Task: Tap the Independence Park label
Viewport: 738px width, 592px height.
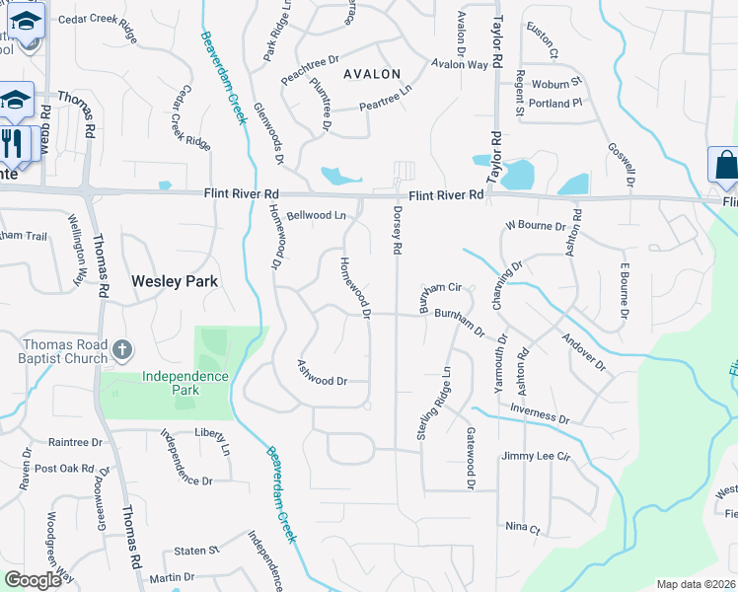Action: click(x=184, y=383)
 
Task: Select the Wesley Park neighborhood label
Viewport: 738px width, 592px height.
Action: click(x=174, y=281)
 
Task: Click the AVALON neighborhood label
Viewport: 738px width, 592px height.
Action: click(x=372, y=74)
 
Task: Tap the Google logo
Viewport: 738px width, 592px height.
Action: click(x=33, y=580)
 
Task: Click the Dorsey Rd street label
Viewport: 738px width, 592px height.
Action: click(x=397, y=231)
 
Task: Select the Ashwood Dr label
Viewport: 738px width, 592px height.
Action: click(x=323, y=373)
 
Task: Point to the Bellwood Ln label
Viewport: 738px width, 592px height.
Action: click(x=317, y=214)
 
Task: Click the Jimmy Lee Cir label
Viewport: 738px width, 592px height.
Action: click(x=536, y=456)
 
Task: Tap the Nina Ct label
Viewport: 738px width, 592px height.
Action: click(x=522, y=528)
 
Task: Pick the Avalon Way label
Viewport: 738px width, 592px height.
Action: click(x=460, y=65)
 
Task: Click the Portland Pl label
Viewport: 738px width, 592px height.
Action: click(x=563, y=103)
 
